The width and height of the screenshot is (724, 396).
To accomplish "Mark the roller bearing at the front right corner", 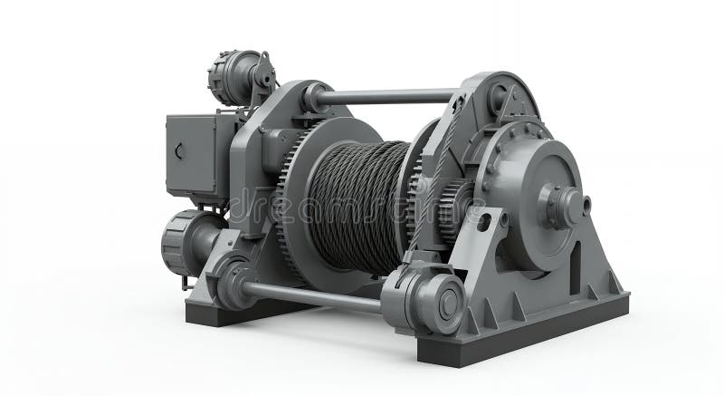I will pos(426,304).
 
